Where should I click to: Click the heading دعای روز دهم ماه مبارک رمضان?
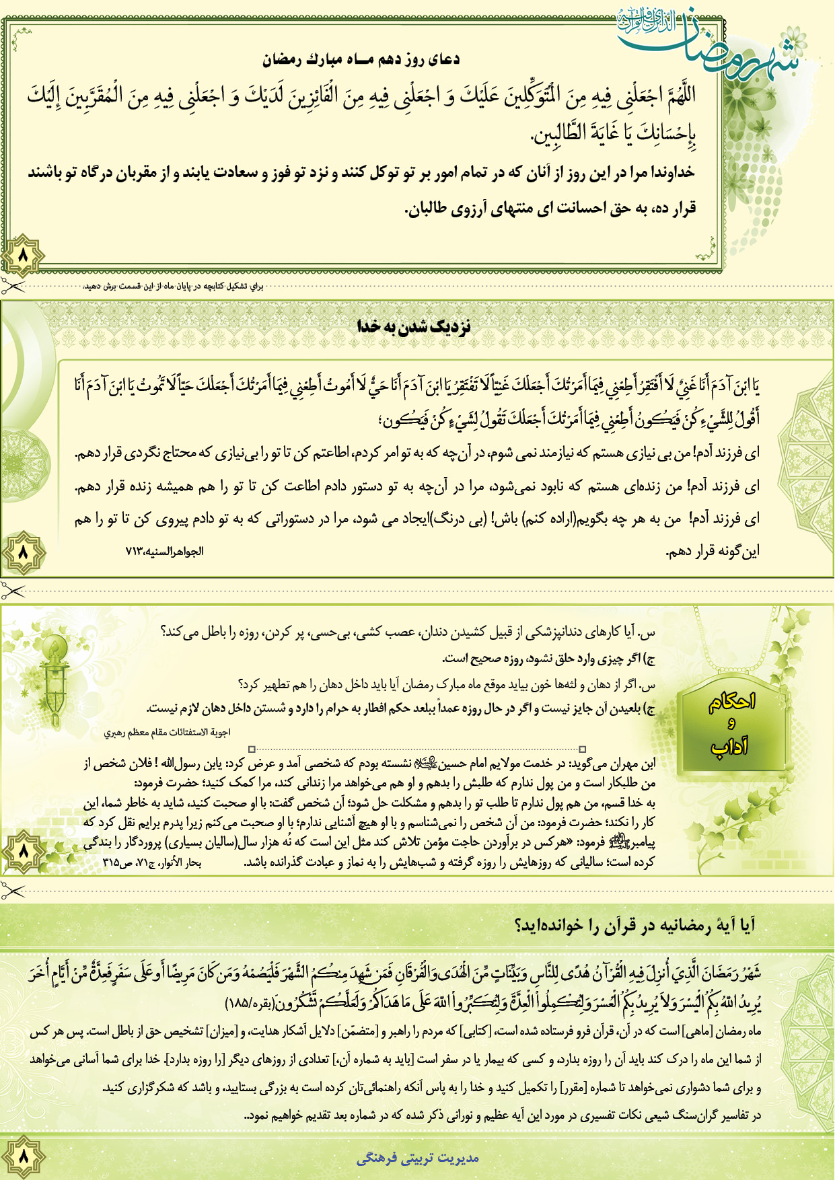tap(361, 60)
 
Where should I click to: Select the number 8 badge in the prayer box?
tap(23, 256)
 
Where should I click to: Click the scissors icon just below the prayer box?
tap(12, 287)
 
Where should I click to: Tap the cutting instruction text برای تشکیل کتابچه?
tap(174, 287)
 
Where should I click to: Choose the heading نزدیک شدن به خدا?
tap(414, 327)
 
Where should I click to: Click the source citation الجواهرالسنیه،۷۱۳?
tap(165, 552)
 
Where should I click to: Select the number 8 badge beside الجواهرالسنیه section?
tap(23, 552)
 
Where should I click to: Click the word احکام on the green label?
tap(732, 702)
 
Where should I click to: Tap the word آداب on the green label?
tap(731, 745)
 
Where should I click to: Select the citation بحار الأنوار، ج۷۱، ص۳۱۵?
tap(152, 862)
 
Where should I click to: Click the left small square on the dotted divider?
tap(252, 749)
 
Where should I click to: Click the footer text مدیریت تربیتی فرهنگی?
tap(417, 1158)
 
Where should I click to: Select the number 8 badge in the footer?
tap(23, 1156)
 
